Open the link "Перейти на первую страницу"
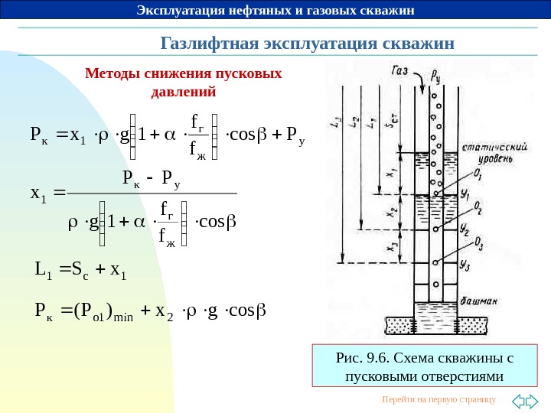click(x=439, y=400)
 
